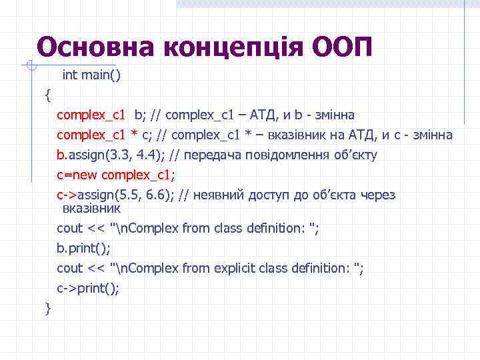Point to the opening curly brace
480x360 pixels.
tap(47, 95)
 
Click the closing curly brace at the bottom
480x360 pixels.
tap(47, 308)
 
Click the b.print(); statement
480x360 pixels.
tap(84, 248)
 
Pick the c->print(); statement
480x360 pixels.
tap(88, 288)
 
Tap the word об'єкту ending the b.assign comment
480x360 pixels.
tap(357, 155)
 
